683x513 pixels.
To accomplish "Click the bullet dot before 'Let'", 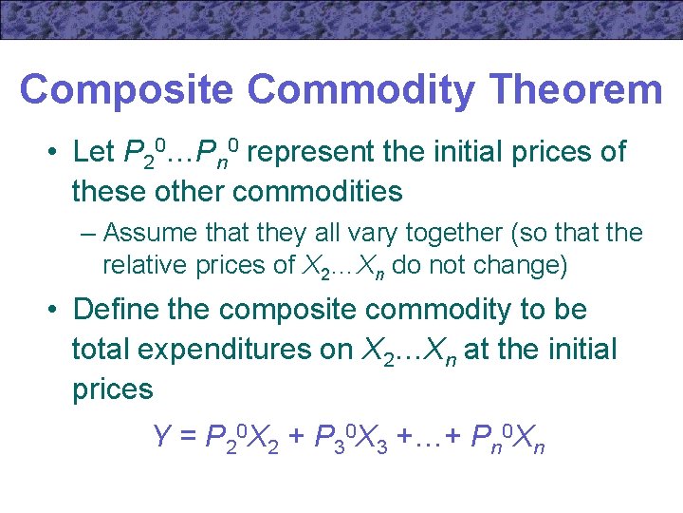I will [x=57, y=153].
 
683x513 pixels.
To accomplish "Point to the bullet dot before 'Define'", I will [x=57, y=311].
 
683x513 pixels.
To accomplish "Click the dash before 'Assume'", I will [x=89, y=234].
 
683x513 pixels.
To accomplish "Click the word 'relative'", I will [x=138, y=266].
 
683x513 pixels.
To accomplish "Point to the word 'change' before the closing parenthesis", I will [x=525, y=266].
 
